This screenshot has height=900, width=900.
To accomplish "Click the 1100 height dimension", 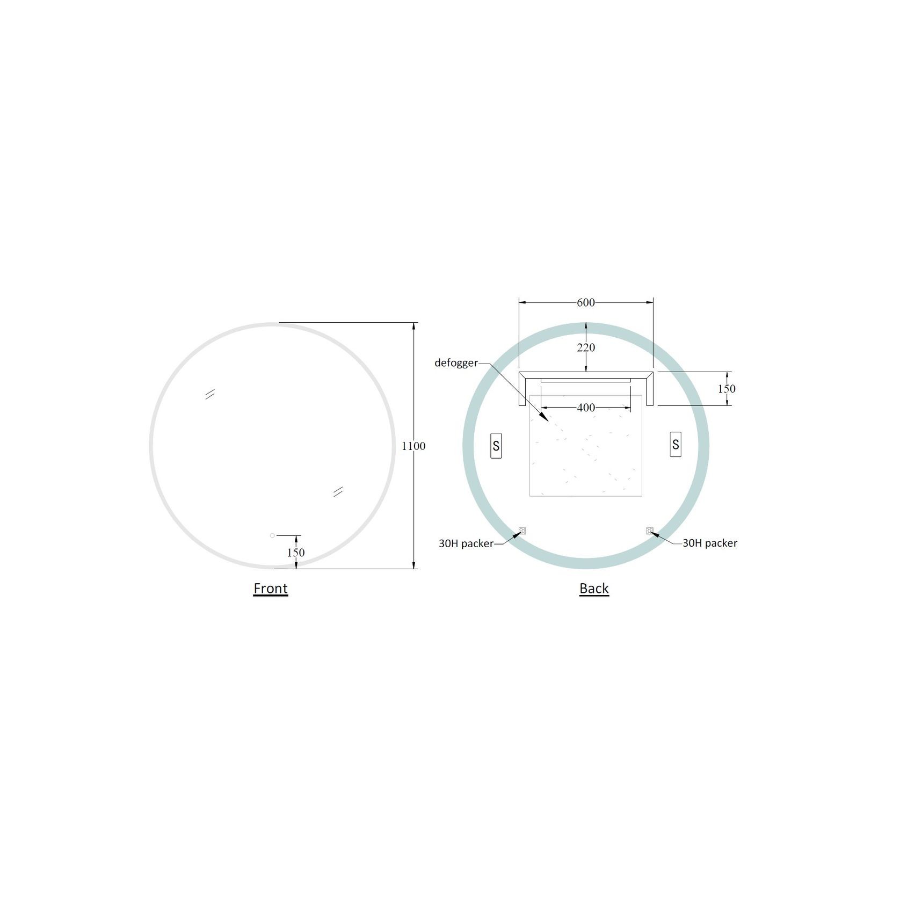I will pyautogui.click(x=413, y=446).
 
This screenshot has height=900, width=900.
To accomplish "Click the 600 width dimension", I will pyautogui.click(x=585, y=302).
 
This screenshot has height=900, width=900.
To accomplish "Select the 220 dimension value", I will pyautogui.click(x=586, y=347).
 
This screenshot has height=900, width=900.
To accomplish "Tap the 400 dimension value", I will pyautogui.click(x=586, y=408).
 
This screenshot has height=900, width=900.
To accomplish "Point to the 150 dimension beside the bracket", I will pyautogui.click(x=727, y=388).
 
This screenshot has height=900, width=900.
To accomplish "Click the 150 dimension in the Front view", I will pyautogui.click(x=296, y=552).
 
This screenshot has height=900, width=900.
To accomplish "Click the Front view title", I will pyautogui.click(x=271, y=588).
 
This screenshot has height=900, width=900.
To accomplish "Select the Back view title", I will pyautogui.click(x=594, y=588).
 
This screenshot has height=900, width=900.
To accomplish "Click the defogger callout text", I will pyautogui.click(x=456, y=362).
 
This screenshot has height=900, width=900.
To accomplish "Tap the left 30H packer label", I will pyautogui.click(x=466, y=543).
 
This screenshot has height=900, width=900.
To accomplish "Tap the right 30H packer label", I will pyautogui.click(x=710, y=543).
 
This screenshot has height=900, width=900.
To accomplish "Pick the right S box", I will pyautogui.click(x=676, y=444).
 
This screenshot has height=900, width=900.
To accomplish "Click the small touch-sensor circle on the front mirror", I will pyautogui.click(x=272, y=535).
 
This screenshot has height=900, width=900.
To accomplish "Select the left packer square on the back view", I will pyautogui.click(x=522, y=531).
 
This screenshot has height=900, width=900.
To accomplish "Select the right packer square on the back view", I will pyautogui.click(x=649, y=531).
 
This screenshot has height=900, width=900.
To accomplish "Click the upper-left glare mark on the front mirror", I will pyautogui.click(x=210, y=394).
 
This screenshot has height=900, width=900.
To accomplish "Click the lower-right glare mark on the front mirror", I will pyautogui.click(x=338, y=491).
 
